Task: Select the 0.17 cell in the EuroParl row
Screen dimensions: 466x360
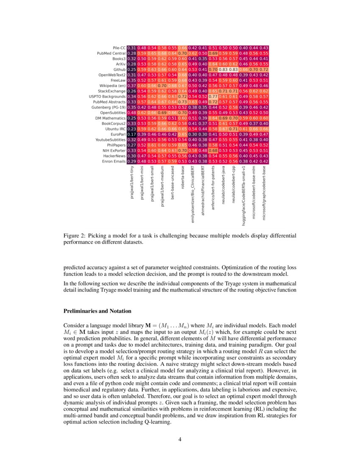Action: click(132, 134)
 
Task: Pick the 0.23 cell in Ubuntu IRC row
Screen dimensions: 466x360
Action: click(132, 129)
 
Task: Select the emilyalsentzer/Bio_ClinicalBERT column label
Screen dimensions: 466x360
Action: click(193, 194)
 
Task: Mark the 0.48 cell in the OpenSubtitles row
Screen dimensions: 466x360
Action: click(132, 113)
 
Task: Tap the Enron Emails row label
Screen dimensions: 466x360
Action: click(113, 161)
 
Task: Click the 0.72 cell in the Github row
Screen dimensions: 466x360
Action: click(264, 69)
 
